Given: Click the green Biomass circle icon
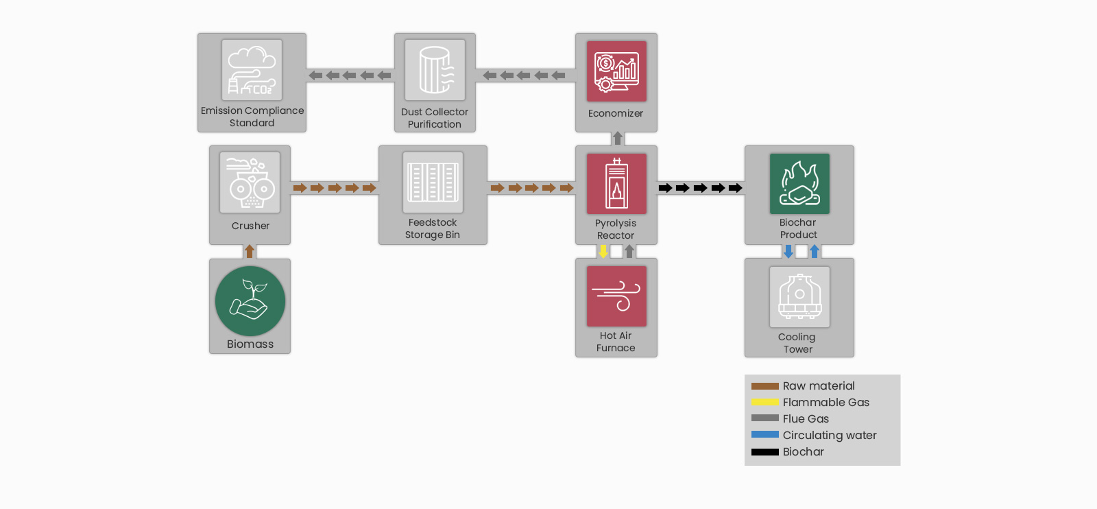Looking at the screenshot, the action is [x=250, y=300].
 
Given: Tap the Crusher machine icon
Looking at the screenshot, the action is [x=250, y=182].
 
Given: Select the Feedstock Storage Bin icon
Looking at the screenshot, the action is [x=433, y=182].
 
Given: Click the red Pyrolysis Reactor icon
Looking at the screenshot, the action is [x=616, y=184].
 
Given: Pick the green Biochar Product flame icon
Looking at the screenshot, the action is [x=799, y=184].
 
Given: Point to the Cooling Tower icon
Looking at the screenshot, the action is [x=799, y=297].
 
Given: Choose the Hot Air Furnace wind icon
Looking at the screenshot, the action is [x=616, y=296].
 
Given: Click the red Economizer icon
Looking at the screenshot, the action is [x=616, y=71].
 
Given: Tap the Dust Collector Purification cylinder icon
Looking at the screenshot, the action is [x=435, y=70].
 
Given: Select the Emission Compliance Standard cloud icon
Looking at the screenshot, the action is [x=252, y=70].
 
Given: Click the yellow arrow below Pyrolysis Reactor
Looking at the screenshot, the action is [x=603, y=251].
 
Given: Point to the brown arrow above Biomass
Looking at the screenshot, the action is [x=250, y=251].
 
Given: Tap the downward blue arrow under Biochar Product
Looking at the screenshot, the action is [x=788, y=251].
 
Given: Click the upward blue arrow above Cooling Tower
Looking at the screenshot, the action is [x=815, y=251].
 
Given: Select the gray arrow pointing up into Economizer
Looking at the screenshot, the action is [x=618, y=138].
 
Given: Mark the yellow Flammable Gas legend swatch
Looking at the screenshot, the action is [x=765, y=402].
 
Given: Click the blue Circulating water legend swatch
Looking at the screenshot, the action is [x=765, y=434].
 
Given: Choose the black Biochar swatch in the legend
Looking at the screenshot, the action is [x=765, y=451].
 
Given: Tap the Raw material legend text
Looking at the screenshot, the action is [x=819, y=386].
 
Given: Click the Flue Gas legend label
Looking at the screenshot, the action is [x=806, y=419].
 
